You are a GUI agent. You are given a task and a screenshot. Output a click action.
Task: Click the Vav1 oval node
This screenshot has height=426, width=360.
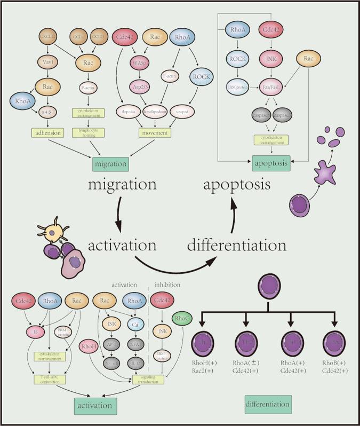click(x=49, y=62)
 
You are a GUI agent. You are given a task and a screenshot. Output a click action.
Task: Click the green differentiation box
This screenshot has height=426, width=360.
click(x=268, y=404)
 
